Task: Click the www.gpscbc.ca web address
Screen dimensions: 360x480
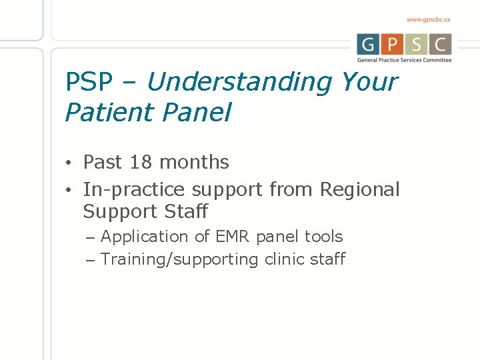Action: pos(428,20)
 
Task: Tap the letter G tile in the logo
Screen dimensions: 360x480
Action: pos(368,45)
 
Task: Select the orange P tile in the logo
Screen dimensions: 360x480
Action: pos(393,45)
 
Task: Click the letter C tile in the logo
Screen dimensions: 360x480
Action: pos(440,45)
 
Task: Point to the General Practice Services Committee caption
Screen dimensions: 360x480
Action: pos(404,60)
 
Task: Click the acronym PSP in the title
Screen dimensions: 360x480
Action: pos(89,82)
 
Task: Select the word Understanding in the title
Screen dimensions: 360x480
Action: pos(239,82)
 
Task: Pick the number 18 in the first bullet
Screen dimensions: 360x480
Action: pos(141,162)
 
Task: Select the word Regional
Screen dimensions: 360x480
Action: pos(360,189)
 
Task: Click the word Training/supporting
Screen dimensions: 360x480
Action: pos(179,259)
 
